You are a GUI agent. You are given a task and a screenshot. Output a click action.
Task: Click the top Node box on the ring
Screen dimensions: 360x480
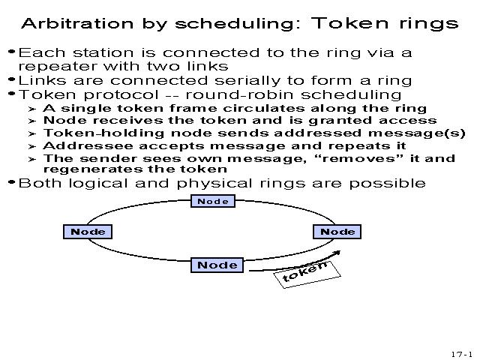click(214, 201)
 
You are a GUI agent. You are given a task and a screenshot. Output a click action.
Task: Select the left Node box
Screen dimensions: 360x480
click(88, 232)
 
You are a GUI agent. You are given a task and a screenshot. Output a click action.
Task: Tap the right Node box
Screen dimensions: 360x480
click(337, 232)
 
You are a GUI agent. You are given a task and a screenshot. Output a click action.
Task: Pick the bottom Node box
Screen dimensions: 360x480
click(217, 265)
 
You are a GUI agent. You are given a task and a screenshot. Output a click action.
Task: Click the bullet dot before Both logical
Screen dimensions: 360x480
click(10, 182)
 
